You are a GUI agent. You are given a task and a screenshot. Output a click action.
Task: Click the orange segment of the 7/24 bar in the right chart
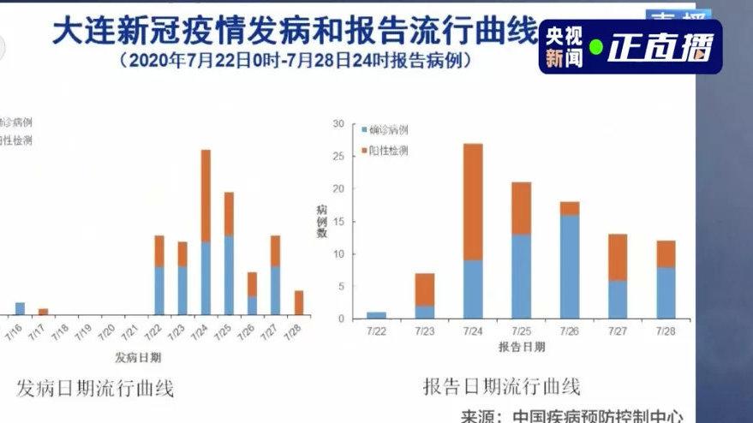pyautogui.click(x=472, y=201)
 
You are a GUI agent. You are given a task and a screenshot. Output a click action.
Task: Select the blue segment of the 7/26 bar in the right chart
pyautogui.click(x=570, y=266)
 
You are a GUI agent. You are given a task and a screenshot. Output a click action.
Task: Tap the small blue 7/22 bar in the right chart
pyautogui.click(x=375, y=315)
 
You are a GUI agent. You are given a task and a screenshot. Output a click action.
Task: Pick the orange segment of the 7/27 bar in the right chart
pyautogui.click(x=618, y=257)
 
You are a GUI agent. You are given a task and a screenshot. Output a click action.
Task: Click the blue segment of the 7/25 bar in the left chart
pyautogui.click(x=229, y=275)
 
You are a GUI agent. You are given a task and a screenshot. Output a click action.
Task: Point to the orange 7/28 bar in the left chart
pyautogui.click(x=298, y=302)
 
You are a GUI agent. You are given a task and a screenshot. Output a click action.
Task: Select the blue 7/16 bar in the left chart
pyautogui.click(x=20, y=308)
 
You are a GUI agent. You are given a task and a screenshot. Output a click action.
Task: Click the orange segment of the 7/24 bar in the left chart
pyautogui.click(x=206, y=195)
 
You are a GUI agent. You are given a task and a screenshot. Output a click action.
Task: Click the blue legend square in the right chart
pyautogui.click(x=363, y=130)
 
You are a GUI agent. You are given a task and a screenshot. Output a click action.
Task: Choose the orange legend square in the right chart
pyautogui.click(x=363, y=151)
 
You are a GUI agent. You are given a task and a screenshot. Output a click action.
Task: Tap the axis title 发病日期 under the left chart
pyautogui.click(x=137, y=355)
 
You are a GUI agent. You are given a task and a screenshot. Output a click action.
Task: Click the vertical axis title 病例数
pyautogui.click(x=321, y=220)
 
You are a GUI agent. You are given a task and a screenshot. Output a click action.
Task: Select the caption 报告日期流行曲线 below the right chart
pyautogui.click(x=501, y=386)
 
